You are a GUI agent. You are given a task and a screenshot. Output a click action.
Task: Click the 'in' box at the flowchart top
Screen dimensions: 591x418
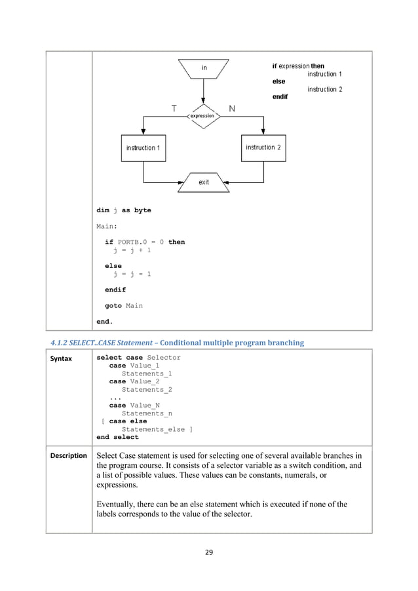204,67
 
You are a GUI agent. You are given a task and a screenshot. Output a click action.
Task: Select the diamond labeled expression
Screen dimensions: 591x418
202,116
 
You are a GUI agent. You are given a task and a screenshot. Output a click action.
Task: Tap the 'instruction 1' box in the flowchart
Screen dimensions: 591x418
142,148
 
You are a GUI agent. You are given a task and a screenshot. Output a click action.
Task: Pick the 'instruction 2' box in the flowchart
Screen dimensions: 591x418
263,147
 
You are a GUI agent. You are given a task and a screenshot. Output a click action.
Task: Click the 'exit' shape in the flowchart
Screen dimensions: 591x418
204,182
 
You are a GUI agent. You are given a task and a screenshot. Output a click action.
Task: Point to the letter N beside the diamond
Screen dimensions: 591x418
232,107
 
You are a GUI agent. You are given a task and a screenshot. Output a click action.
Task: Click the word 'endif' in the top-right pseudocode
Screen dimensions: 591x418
280,96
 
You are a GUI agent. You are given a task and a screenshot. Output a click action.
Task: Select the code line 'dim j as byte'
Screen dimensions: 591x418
124,210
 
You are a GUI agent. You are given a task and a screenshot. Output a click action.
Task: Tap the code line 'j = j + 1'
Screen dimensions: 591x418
132,250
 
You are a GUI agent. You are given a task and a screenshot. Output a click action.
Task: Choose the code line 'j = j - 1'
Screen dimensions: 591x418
132,274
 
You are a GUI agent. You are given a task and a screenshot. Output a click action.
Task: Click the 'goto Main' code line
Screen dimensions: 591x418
124,305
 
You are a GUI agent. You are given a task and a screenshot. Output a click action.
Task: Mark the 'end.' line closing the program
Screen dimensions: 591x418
105,322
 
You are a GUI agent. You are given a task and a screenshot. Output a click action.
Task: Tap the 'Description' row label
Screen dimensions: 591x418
69,455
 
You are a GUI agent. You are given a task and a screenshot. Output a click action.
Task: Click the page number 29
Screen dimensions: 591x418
209,551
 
